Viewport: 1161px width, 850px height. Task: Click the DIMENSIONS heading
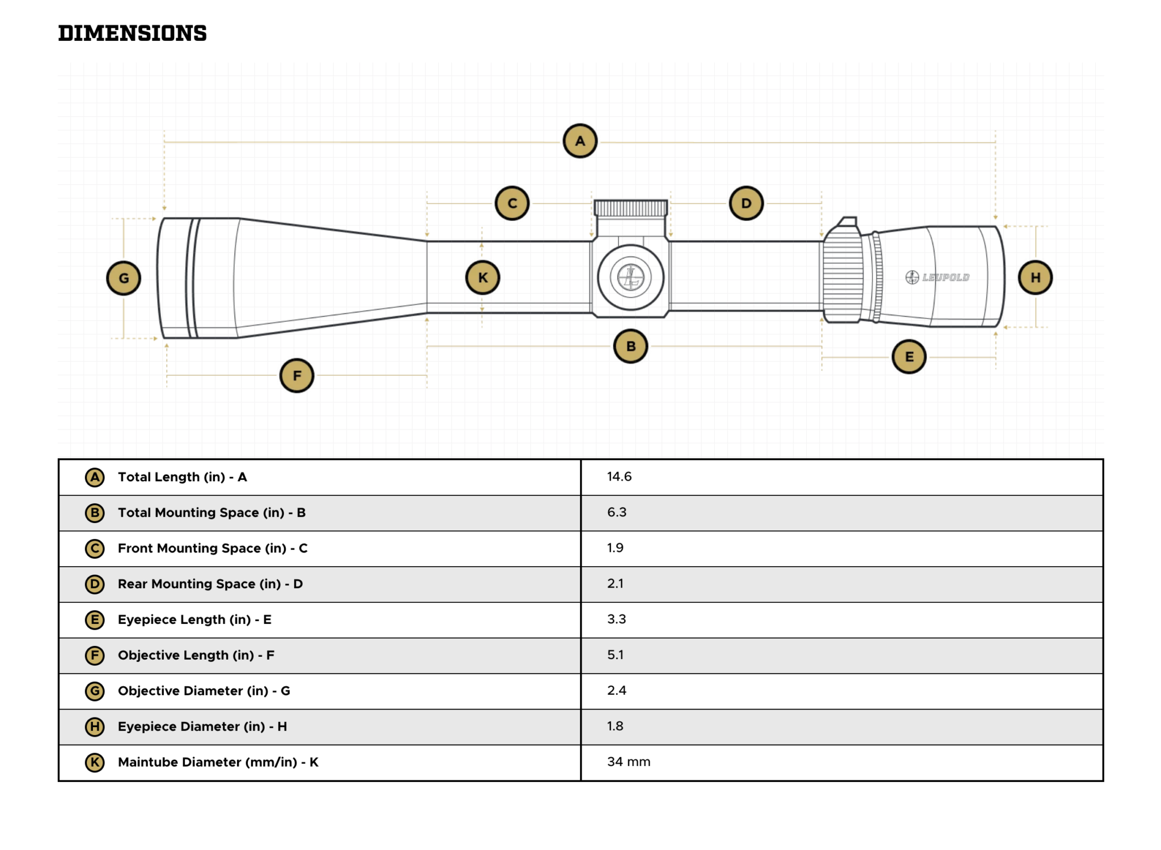[132, 33]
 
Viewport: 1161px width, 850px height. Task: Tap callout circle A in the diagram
[579, 141]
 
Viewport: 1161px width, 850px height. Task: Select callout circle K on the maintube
[482, 278]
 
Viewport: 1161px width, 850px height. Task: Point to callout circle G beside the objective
[124, 278]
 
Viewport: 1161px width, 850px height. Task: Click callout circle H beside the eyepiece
[1035, 278]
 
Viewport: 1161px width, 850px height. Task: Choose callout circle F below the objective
[296, 375]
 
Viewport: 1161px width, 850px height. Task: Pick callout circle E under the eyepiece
[909, 356]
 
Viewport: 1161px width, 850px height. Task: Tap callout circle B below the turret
[630, 346]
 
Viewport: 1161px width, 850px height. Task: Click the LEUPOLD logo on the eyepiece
[938, 277]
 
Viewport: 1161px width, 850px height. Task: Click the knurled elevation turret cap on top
[630, 208]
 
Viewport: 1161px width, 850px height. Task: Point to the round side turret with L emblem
[630, 278]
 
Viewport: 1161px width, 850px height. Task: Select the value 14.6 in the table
[619, 477]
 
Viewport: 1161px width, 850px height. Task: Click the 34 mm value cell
[629, 762]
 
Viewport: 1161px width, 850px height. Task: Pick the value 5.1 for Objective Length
[615, 654]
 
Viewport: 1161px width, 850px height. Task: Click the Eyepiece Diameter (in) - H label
[202, 726]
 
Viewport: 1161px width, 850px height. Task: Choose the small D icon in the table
[95, 584]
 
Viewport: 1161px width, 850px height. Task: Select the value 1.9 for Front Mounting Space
[615, 547]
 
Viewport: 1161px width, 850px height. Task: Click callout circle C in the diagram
[512, 203]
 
